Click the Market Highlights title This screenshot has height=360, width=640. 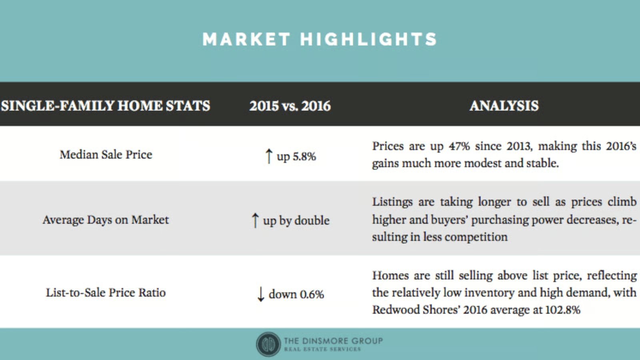tap(320, 39)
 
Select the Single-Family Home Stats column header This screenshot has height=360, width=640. tap(106, 106)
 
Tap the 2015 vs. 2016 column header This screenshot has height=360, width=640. tap(290, 106)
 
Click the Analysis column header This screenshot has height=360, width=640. tap(504, 106)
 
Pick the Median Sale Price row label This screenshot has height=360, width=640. tap(106, 154)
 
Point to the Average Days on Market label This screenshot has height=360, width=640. tap(106, 220)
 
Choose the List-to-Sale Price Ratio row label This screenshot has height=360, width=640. tap(106, 292)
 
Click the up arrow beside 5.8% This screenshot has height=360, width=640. tap(268, 156)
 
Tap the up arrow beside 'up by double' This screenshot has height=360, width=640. tap(255, 220)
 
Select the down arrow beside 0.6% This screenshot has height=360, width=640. tap(260, 294)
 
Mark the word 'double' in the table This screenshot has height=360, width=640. tap(312, 220)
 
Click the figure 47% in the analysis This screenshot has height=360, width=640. tap(459, 146)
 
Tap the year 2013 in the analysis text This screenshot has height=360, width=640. tap(520, 146)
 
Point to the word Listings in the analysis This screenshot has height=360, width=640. tap(392, 202)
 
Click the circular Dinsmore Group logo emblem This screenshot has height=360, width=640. tap(268, 344)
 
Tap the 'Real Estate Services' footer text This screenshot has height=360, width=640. tap(322, 349)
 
